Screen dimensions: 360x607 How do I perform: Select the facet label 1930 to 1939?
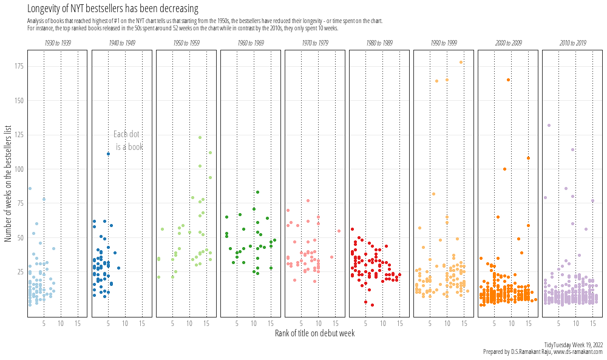click(x=58, y=44)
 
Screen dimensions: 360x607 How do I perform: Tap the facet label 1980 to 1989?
click(x=379, y=44)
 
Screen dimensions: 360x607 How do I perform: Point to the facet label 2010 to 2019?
click(x=572, y=44)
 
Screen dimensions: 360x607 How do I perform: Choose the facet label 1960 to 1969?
click(x=251, y=44)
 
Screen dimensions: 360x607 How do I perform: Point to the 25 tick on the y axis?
click(x=19, y=272)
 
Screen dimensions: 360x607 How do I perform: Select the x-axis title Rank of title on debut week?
click(x=314, y=333)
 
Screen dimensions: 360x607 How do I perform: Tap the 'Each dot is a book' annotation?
click(x=128, y=141)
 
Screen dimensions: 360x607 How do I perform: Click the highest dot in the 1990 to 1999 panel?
click(x=461, y=62)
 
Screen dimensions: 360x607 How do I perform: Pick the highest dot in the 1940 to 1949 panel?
click(x=108, y=154)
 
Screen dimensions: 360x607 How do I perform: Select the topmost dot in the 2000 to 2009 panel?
click(x=508, y=80)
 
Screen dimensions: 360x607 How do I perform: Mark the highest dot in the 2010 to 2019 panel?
click(x=549, y=126)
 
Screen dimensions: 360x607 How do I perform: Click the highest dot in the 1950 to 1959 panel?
click(x=200, y=137)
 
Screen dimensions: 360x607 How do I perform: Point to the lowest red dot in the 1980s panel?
click(x=372, y=305)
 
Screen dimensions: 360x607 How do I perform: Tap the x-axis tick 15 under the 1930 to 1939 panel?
click(x=77, y=324)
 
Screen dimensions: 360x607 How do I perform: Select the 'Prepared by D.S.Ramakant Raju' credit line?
click(x=543, y=352)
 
